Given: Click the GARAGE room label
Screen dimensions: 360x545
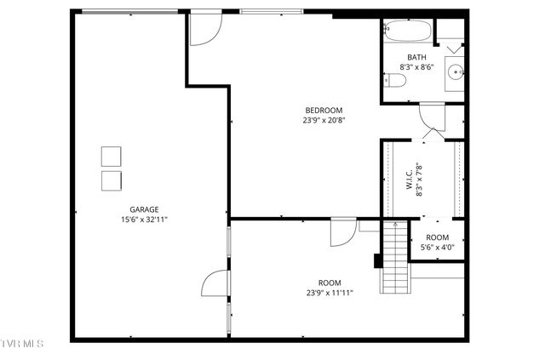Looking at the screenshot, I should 144,209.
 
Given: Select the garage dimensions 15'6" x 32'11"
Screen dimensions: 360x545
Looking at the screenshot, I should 144,219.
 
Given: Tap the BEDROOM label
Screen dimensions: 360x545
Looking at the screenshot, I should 324,110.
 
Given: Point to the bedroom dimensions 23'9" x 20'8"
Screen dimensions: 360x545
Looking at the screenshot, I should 324,120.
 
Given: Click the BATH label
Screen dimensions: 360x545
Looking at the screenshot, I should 417,57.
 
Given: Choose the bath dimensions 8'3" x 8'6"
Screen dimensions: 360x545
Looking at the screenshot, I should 417,67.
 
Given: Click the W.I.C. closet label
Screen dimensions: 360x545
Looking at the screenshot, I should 410,180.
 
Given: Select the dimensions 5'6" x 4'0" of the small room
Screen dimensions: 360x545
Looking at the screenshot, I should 437,248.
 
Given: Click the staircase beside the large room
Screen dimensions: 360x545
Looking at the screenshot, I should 394,255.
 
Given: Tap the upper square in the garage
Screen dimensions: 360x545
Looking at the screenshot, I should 112,157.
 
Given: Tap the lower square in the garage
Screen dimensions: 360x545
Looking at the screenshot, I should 112,180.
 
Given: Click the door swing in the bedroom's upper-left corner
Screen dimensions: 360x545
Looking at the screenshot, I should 202,30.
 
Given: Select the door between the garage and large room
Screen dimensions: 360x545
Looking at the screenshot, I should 217,284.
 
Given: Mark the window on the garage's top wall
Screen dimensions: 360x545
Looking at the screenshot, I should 129,12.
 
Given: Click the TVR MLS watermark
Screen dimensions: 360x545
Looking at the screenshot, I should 23,343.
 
